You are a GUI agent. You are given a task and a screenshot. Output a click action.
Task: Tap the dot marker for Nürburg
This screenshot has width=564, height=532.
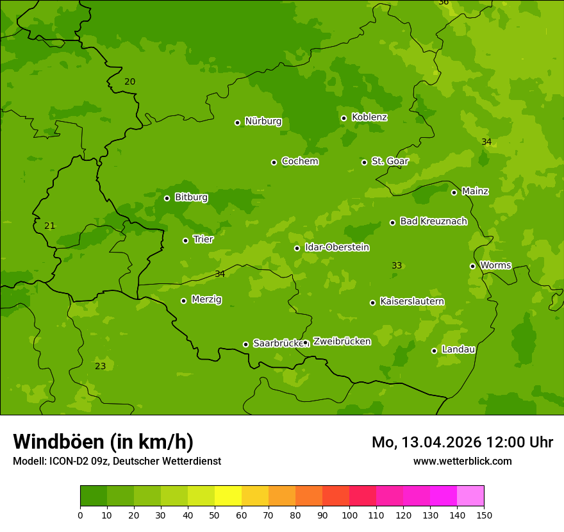pos(237,122)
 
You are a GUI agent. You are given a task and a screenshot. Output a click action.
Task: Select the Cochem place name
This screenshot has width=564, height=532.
pos(299,162)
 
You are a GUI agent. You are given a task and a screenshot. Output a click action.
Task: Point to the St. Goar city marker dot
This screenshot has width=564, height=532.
pos(364,162)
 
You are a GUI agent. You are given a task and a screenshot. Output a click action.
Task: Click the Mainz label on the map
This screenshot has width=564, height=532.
pos(475,192)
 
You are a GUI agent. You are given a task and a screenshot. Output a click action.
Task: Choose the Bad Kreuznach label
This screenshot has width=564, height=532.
pos(433,222)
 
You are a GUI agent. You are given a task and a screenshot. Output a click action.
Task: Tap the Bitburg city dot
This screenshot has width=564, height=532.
pos(167,198)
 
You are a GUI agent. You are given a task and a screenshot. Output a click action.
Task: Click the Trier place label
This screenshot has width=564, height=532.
pos(203,240)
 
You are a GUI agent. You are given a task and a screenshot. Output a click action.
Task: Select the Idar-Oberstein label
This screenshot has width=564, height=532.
pos(336,247)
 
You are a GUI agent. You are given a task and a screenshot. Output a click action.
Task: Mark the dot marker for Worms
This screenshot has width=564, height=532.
pos(472,266)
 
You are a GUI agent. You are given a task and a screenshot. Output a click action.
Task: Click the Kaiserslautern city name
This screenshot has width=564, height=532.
pos(412,302)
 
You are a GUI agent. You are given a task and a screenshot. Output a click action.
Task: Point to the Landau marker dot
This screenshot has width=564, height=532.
pos(434,351)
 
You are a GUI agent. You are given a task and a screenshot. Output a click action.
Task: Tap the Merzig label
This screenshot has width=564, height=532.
pos(207,300)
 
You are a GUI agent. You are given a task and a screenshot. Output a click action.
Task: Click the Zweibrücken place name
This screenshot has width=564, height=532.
pos(342,342)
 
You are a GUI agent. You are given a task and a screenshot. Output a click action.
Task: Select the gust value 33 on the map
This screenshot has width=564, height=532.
pos(397,266)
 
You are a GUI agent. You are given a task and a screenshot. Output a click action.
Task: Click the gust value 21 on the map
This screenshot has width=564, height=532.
pos(50,226)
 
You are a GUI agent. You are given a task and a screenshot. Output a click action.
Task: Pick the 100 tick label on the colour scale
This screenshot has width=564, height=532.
pos(349,515)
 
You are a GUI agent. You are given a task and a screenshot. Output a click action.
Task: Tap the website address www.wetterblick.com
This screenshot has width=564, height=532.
pos(462,461)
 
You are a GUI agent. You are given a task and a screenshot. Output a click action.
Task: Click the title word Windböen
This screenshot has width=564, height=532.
pos(58,442)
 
